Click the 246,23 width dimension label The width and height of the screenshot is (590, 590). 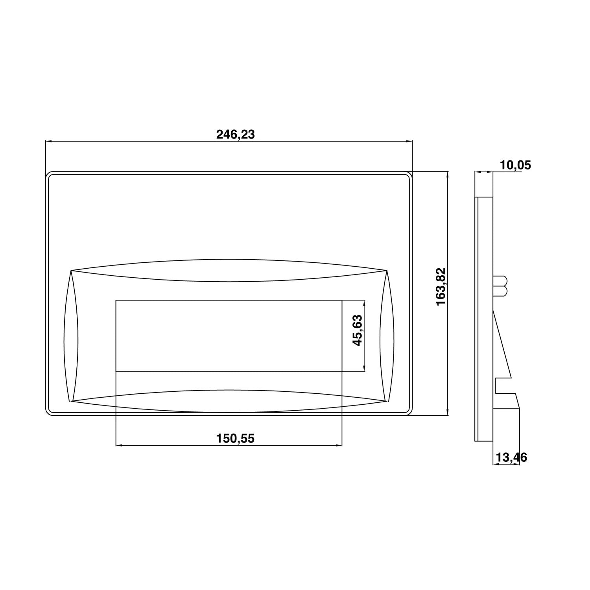[235, 135]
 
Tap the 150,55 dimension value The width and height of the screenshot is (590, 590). [235, 438]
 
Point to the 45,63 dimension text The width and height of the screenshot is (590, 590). [357, 330]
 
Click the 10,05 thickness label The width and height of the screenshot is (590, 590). [515, 165]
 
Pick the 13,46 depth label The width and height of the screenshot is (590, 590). [511, 457]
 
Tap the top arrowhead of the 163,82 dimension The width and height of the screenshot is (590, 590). [448, 174]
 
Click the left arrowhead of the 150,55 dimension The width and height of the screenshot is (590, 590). [119, 446]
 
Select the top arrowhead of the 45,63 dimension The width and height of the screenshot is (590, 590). [365, 303]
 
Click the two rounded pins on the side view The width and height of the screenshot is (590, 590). [501, 286]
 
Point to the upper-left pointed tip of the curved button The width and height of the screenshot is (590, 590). [71, 270]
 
